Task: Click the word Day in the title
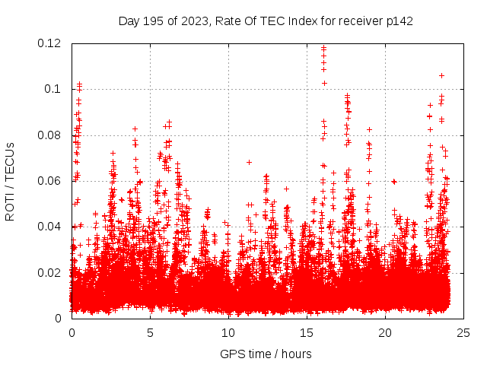[129, 21]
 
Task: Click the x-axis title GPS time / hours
[266, 354]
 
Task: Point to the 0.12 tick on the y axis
[50, 43]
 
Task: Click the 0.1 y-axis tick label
[54, 89]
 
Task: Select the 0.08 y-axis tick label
[50, 135]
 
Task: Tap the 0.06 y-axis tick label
[50, 181]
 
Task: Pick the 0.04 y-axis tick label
[50, 227]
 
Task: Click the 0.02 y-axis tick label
[50, 272]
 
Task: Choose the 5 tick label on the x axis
[150, 332]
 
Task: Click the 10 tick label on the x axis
[228, 332]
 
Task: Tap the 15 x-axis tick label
[307, 332]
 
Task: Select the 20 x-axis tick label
[385, 332]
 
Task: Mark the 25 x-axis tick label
[463, 332]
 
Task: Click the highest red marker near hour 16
[323, 48]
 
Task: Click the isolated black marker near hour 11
[249, 162]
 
